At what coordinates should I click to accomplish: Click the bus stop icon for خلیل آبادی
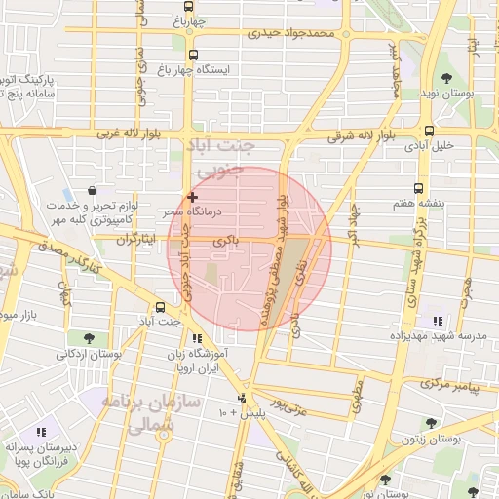pyautogui.click(x=429, y=131)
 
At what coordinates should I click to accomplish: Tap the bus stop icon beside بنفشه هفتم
pyautogui.click(x=419, y=189)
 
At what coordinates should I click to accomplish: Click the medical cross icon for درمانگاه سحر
pyautogui.click(x=191, y=197)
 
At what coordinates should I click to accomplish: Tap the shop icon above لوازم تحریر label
pyautogui.click(x=91, y=190)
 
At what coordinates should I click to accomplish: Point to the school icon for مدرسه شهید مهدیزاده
pyautogui.click(x=438, y=320)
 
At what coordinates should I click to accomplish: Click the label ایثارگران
pyautogui.click(x=135, y=240)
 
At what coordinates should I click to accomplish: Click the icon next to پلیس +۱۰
pyautogui.click(x=244, y=398)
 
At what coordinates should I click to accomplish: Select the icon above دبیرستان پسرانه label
pyautogui.click(x=41, y=431)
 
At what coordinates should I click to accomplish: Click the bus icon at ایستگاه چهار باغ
pyautogui.click(x=193, y=56)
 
